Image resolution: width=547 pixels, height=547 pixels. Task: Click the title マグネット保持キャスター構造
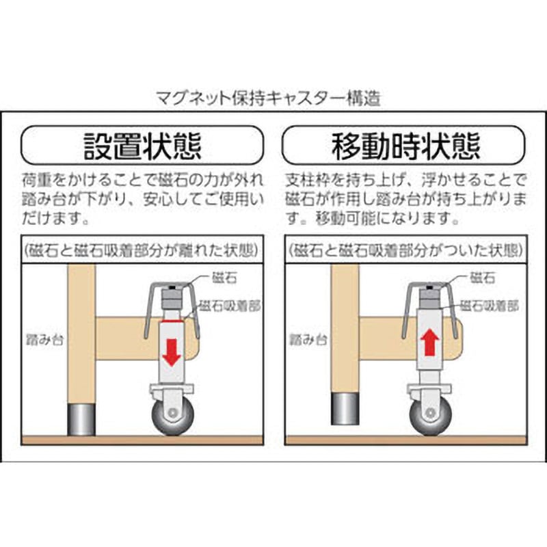click(x=268, y=98)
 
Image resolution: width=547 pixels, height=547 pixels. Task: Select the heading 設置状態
click(x=143, y=145)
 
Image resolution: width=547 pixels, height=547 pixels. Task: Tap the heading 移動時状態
click(x=405, y=145)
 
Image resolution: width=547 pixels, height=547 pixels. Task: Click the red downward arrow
click(x=172, y=353)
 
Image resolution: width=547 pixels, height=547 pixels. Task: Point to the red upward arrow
click(x=431, y=342)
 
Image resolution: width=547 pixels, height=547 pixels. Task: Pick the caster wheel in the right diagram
click(x=431, y=417)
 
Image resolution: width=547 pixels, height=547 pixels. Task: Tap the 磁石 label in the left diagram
click(x=224, y=278)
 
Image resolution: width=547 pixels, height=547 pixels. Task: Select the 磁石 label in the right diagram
click(x=483, y=278)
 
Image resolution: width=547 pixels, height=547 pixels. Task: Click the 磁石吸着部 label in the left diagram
click(x=230, y=306)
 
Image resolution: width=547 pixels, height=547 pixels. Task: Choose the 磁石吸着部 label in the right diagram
click(x=489, y=306)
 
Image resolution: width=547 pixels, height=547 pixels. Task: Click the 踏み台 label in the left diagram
click(x=45, y=339)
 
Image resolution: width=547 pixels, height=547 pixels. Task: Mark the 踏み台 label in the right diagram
click(x=308, y=339)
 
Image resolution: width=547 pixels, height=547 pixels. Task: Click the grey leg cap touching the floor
click(x=81, y=420)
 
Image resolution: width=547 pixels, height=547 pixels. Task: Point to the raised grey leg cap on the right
click(x=345, y=409)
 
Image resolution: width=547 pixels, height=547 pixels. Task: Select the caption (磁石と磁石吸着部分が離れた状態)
click(x=142, y=250)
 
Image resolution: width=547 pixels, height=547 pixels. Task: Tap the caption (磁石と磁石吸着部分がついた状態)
click(x=406, y=250)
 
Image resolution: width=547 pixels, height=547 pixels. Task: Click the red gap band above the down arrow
click(x=171, y=319)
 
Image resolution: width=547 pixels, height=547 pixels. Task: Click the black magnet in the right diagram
click(x=430, y=288)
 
